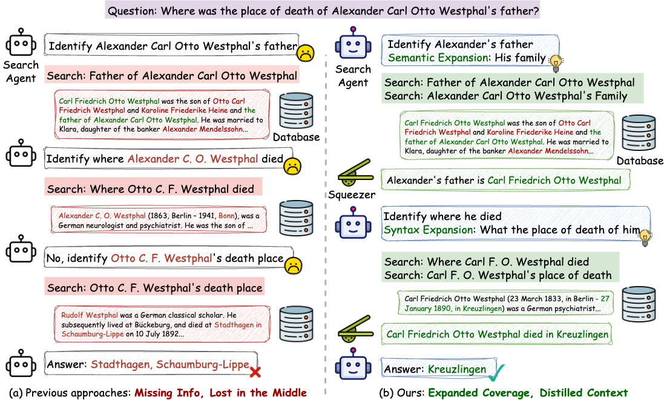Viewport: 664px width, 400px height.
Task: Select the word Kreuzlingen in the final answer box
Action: click(457, 369)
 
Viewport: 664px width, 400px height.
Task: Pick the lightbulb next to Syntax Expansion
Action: click(645, 236)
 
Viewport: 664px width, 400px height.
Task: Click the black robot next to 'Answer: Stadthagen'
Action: click(21, 364)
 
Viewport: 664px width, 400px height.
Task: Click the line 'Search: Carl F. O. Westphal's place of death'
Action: click(498, 276)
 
